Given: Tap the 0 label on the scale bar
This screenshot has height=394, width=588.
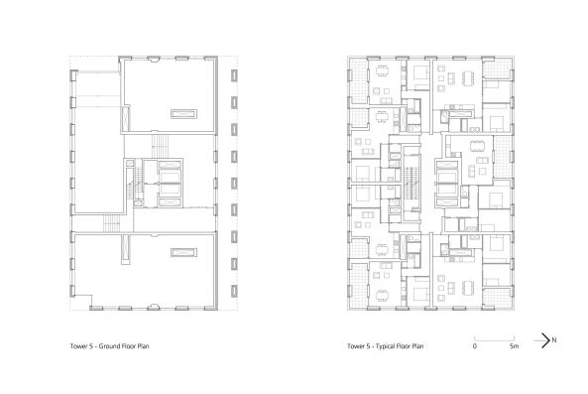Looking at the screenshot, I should point(474,347).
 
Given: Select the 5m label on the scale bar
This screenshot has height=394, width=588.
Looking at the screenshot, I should point(514,347).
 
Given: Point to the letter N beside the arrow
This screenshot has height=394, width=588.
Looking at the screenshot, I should point(555,340).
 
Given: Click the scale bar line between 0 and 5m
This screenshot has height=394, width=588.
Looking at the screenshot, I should point(494,337).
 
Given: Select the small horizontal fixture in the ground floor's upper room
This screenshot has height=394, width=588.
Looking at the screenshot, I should point(182,112).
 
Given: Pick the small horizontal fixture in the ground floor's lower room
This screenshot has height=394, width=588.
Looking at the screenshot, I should point(182,253).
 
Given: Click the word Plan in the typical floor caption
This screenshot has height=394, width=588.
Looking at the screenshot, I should point(417,347).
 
